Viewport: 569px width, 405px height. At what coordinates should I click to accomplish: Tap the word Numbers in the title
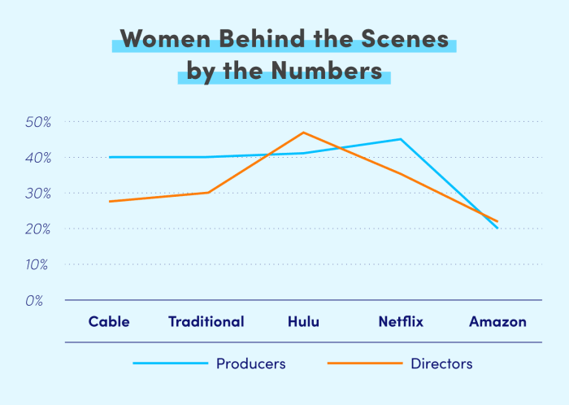328,71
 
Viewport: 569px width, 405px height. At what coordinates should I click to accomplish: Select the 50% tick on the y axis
38,121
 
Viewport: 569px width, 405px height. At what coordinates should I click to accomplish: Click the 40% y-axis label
38,157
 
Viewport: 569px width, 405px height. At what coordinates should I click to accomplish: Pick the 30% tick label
38,193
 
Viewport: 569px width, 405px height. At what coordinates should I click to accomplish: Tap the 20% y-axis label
38,229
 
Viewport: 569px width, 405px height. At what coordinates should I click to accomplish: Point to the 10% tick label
38,264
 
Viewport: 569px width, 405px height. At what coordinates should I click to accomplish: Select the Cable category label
109,321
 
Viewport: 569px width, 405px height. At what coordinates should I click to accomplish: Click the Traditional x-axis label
206,321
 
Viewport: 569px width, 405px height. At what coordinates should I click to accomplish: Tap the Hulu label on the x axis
303,321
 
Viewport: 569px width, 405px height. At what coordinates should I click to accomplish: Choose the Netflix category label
401,321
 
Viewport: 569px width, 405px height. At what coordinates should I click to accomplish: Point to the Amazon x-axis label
497,321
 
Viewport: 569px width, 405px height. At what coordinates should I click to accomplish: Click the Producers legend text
250,364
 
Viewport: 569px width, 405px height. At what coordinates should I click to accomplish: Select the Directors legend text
441,364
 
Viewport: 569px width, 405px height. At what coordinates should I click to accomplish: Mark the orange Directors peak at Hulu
303,132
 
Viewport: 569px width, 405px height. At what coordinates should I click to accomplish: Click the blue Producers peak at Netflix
401,139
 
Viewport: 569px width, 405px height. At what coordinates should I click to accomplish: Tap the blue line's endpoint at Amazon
497,229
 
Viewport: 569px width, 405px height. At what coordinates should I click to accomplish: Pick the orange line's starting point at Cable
109,201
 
